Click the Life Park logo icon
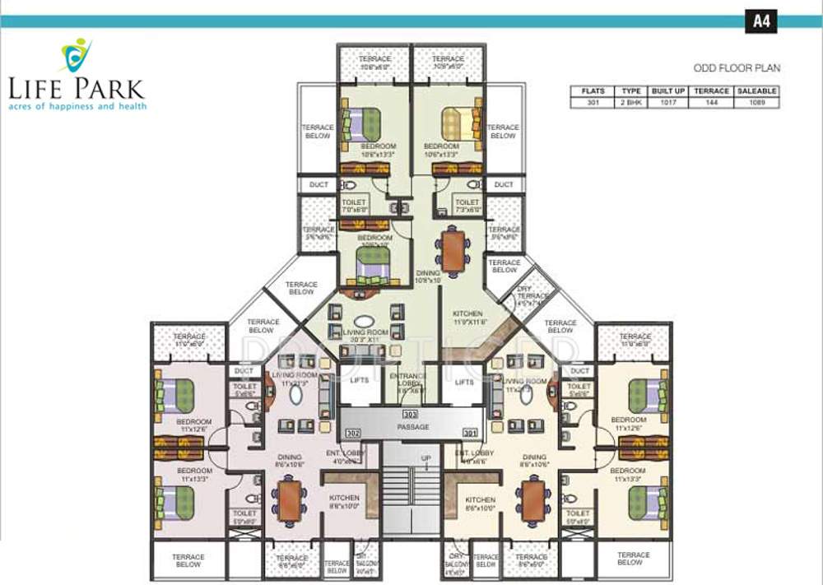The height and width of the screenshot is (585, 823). (x=77, y=55)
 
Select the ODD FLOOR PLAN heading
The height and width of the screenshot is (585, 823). (x=735, y=68)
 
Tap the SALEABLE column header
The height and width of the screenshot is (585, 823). (x=756, y=91)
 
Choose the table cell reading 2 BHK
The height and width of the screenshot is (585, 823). (x=631, y=103)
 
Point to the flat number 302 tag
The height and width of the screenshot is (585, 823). (x=354, y=432)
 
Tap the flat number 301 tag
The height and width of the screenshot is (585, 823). (x=470, y=432)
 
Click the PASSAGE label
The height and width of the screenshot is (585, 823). (x=412, y=428)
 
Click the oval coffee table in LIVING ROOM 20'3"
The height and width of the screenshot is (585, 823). (x=363, y=322)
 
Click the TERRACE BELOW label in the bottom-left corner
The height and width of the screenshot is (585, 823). (x=188, y=560)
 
